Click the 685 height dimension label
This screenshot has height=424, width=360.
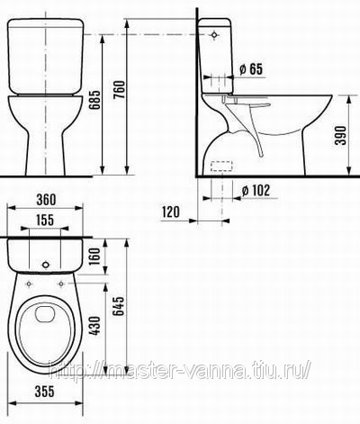[x=95, y=100]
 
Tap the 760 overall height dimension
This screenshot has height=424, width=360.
[x=120, y=90]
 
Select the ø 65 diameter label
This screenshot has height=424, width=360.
[x=251, y=69]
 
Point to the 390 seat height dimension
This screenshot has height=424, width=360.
[x=340, y=135]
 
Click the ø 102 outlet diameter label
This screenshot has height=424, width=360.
[x=256, y=190]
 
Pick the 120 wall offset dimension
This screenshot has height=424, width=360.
[x=171, y=212]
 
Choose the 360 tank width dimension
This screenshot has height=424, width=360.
[x=46, y=200]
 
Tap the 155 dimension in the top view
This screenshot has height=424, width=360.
[x=45, y=220]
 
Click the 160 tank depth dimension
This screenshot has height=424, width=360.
[x=94, y=256]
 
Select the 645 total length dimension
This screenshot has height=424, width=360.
[x=119, y=306]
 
